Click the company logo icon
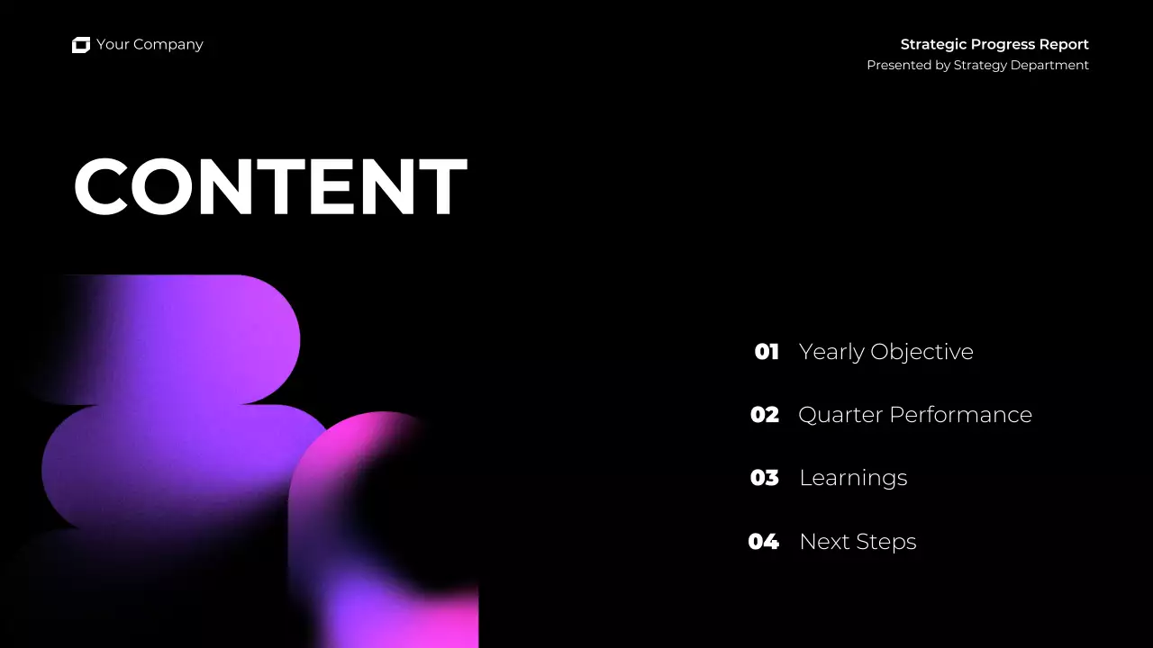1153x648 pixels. point(81,45)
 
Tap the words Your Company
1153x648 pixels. point(150,45)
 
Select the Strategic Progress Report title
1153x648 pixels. point(994,44)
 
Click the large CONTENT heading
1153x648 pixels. point(270,187)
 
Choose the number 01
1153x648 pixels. point(767,352)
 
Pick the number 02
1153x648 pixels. point(765,415)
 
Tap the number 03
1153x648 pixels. point(765,478)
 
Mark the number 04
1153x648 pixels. point(764,542)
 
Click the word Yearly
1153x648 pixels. point(831,352)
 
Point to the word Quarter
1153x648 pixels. point(840,415)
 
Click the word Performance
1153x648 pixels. point(960,415)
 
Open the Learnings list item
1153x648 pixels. point(853,478)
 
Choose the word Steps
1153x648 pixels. point(886,542)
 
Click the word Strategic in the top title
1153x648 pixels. point(933,44)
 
